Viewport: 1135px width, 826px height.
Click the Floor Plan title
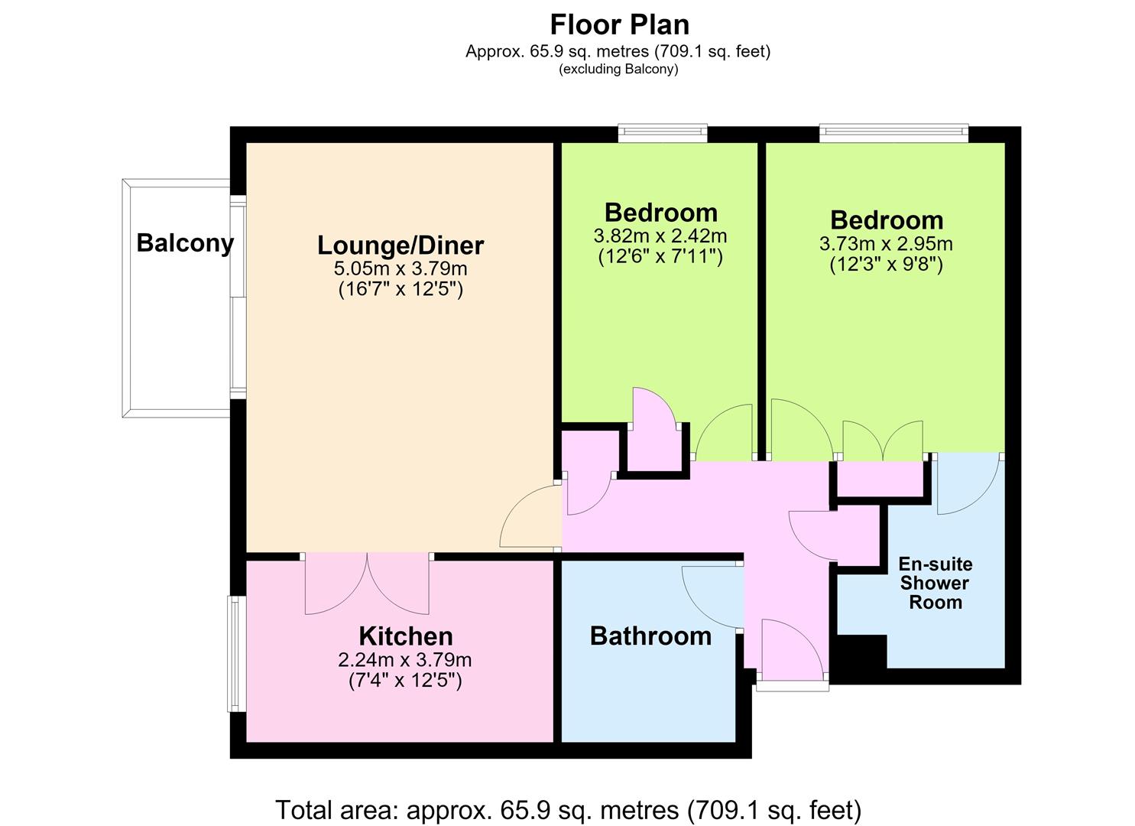[x=619, y=24]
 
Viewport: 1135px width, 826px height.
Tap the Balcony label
[x=185, y=243]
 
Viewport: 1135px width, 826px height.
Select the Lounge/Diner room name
[x=400, y=246]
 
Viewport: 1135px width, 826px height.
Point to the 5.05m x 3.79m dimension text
[x=400, y=268]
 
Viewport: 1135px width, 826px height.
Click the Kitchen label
[x=405, y=636]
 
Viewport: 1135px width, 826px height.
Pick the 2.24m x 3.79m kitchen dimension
[x=404, y=659]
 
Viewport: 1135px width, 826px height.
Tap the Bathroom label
[x=650, y=636]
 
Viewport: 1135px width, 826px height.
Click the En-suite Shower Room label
[x=936, y=583]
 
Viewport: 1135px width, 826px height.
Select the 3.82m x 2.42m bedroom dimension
[x=660, y=236]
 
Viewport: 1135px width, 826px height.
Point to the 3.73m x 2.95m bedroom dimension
[x=886, y=244]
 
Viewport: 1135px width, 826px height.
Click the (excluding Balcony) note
[x=618, y=69]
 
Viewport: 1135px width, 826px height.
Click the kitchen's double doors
[x=367, y=583]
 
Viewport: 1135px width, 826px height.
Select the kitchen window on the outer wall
[x=236, y=654]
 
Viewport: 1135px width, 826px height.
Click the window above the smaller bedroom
[x=662, y=133]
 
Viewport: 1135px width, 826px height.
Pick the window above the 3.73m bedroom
[x=893, y=133]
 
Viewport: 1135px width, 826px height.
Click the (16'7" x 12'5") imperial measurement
[x=400, y=289]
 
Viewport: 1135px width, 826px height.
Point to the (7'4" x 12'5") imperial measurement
[x=405, y=681]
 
